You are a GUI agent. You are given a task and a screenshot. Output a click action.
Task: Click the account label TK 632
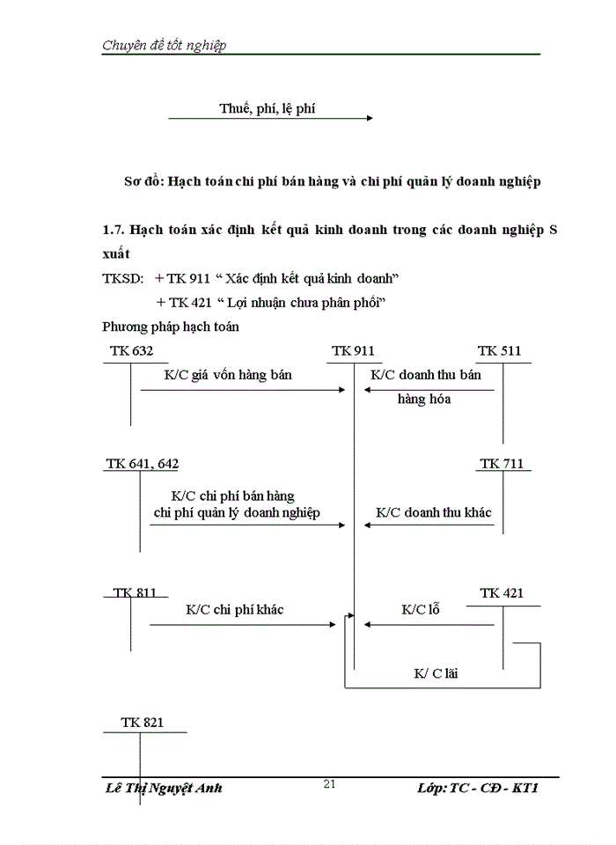pyautogui.click(x=132, y=351)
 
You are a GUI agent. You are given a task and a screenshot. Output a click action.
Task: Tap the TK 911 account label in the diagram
pyautogui.click(x=353, y=351)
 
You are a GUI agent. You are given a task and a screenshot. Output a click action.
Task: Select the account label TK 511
pyautogui.click(x=499, y=351)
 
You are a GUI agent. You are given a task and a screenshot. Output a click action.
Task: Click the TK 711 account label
pyautogui.click(x=502, y=463)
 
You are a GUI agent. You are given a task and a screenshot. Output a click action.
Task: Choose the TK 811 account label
pyautogui.click(x=135, y=592)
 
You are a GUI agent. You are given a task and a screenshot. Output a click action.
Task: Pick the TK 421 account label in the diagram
pyautogui.click(x=502, y=593)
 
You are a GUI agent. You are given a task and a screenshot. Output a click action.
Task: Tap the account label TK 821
pyautogui.click(x=142, y=722)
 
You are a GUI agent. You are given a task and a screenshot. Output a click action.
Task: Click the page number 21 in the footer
pyautogui.click(x=330, y=784)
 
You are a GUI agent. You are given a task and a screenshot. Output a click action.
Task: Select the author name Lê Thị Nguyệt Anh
pyautogui.click(x=163, y=788)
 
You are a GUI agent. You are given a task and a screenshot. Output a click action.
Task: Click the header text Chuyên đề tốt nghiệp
pyautogui.click(x=164, y=46)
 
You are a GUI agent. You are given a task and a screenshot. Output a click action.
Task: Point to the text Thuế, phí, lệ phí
pyautogui.click(x=267, y=109)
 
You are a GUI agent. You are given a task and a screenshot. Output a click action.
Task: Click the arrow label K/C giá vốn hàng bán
pyautogui.click(x=228, y=375)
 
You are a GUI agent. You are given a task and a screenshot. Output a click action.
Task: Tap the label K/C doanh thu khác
pyautogui.click(x=434, y=511)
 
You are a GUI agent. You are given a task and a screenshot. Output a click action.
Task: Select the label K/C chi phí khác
pyautogui.click(x=234, y=609)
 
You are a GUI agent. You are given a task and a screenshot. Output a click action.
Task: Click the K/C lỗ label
pyautogui.click(x=421, y=609)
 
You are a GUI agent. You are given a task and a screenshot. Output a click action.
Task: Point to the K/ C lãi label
pyautogui.click(x=436, y=673)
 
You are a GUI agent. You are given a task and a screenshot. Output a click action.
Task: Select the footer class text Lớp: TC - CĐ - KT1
pyautogui.click(x=477, y=788)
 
